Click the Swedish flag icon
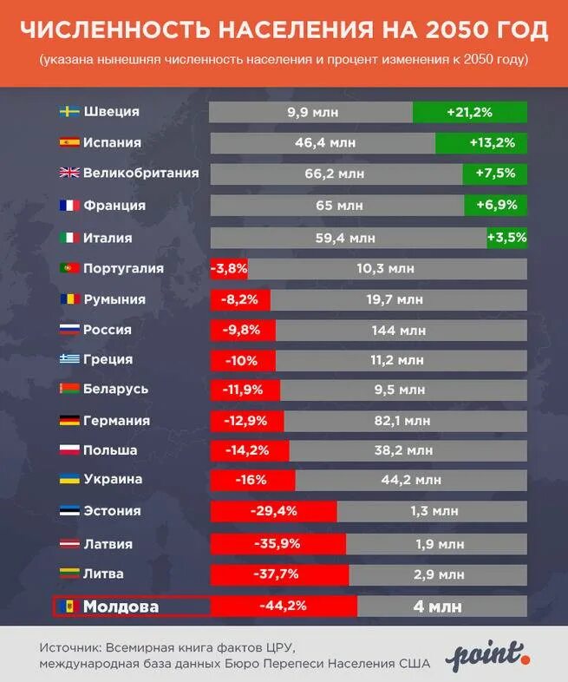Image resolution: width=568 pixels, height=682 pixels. (69, 112)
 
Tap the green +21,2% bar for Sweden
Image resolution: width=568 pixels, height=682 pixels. (469, 112)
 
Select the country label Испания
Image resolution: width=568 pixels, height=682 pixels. (112, 142)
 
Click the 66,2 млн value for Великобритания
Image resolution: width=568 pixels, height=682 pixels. (335, 174)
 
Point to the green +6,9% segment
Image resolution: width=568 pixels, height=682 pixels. (495, 206)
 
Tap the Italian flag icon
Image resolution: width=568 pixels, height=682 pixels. (69, 237)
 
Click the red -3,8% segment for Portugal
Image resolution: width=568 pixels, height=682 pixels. (228, 269)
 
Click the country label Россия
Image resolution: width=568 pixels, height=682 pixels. (108, 330)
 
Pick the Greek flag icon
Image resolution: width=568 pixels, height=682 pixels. (69, 359)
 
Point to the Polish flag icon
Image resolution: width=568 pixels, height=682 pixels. (69, 450)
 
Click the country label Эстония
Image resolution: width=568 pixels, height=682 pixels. (112, 511)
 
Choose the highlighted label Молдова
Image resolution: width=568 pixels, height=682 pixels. (121, 607)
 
